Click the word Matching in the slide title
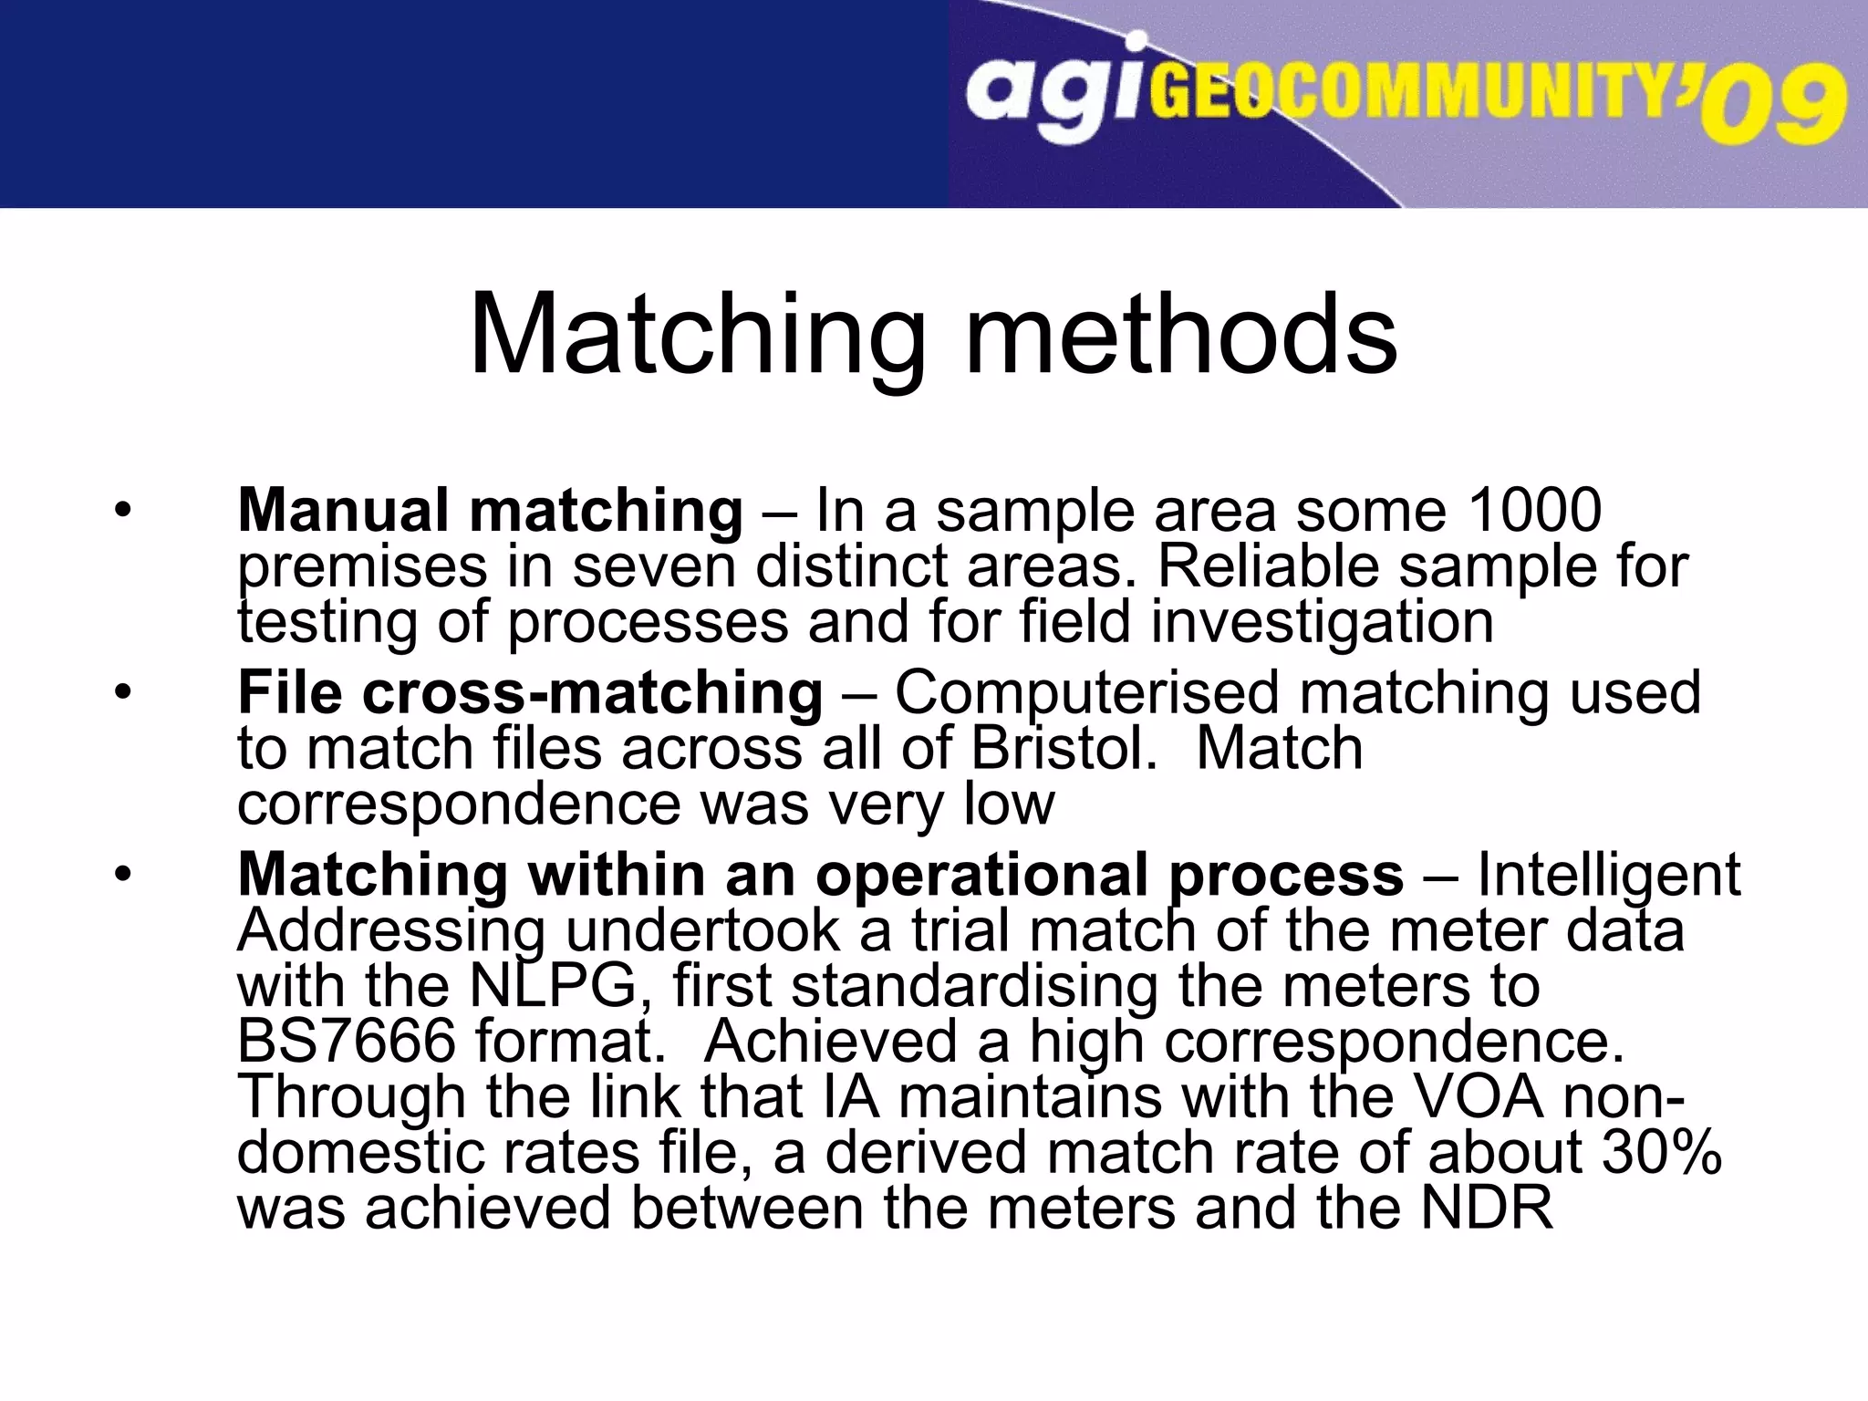tap(698, 336)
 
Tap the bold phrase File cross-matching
tap(530, 691)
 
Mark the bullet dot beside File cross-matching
tap(122, 692)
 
